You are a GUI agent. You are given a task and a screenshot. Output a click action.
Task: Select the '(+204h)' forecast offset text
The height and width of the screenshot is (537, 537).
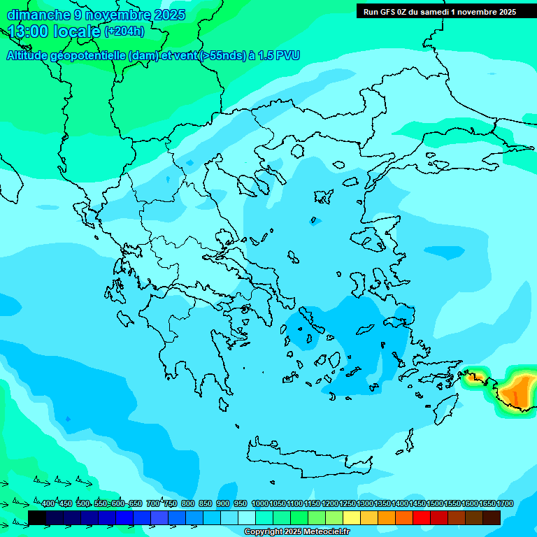pos(124,31)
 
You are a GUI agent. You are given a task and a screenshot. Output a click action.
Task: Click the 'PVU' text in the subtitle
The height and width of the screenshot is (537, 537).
pos(286,56)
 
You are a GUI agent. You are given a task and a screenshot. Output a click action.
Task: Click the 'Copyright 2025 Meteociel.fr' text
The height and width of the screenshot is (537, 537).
pos(296,532)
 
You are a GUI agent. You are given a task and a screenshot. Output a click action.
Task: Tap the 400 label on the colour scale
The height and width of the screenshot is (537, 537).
pos(48,504)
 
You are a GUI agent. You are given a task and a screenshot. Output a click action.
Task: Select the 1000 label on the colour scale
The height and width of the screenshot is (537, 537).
pos(260,504)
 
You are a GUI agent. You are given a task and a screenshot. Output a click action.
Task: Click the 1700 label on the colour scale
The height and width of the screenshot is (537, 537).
pos(505,504)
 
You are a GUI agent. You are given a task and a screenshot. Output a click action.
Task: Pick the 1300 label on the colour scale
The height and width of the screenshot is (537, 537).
pos(365,504)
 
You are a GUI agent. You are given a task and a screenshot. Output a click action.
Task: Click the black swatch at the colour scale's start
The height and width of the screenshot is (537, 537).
pos(37,517)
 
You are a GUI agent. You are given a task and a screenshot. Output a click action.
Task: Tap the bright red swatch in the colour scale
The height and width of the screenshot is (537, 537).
pos(422,517)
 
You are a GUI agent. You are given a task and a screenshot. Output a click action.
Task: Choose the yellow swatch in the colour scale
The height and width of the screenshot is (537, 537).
pos(352,517)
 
